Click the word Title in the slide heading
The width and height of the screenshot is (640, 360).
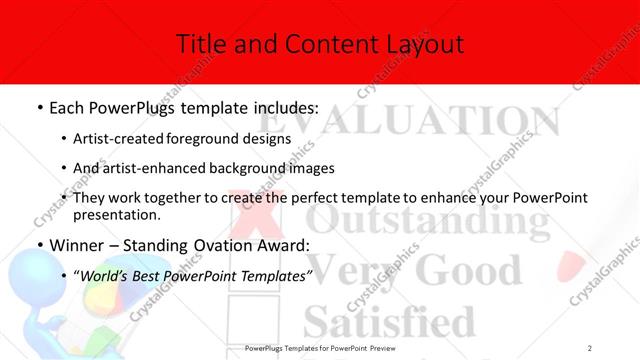[x=197, y=43]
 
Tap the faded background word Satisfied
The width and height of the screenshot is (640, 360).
[x=390, y=323]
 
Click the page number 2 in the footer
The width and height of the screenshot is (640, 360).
[x=590, y=348]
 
